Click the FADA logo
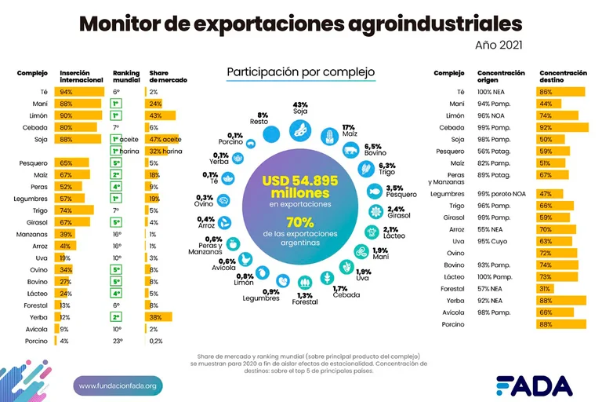tap(533, 385)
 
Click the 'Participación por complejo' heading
tap(301, 72)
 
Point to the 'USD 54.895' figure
tap(301, 181)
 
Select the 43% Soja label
tap(300, 108)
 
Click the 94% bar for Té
tap(82, 92)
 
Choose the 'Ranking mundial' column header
tap(125, 76)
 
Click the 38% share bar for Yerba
tap(160, 317)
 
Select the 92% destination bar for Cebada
tap(561, 127)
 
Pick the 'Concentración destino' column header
tap(563, 76)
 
